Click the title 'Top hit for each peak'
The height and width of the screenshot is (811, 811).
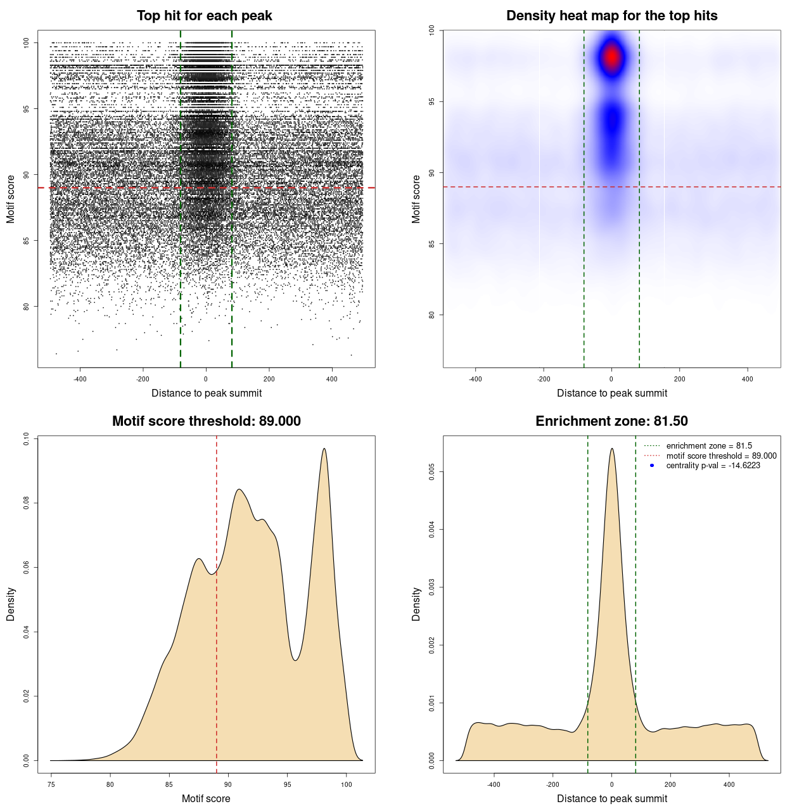pos(204,16)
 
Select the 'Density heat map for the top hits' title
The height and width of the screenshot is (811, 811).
pos(611,16)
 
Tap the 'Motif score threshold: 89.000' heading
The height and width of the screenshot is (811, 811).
pos(206,421)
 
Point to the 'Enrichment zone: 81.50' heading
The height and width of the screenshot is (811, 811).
pos(611,421)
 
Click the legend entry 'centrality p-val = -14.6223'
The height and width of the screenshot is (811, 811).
pos(713,466)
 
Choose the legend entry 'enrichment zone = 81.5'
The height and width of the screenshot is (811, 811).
pos(709,446)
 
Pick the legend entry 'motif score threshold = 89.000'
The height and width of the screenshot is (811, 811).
pos(721,456)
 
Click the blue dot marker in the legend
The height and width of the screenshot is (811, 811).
pos(652,466)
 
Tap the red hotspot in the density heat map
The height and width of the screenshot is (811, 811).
pos(611,57)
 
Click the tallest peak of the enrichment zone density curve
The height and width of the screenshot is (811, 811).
pos(611,449)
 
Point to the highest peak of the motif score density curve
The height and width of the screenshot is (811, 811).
pos(324,449)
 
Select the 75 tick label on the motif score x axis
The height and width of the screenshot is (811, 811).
pos(51,784)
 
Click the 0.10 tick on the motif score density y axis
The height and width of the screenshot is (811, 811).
pos(26,439)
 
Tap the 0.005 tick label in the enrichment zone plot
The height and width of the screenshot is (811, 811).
pos(431,471)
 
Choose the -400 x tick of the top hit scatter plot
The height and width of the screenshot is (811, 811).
pos(80,379)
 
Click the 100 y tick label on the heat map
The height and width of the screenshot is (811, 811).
pos(431,30)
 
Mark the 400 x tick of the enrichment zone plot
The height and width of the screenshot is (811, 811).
pos(729,784)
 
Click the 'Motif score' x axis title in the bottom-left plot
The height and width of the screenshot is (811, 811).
pos(206,798)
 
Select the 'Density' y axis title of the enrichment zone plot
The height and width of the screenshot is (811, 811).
pos(416,604)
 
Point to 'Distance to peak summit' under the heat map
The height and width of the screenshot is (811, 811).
pos(611,393)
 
